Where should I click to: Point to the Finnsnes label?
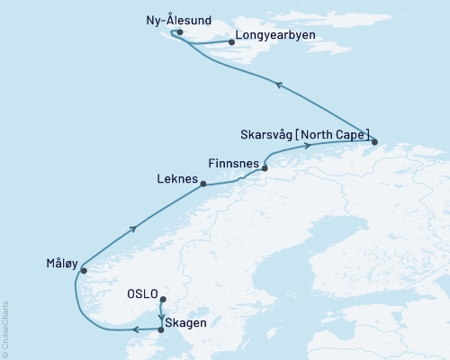point(233,165)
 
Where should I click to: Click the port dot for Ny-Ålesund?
point(180,32)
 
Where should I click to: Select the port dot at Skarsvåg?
point(374,140)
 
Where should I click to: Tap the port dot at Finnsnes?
point(265,166)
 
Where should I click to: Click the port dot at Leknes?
point(203,184)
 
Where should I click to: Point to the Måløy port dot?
point(83,269)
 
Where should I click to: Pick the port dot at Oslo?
point(162,300)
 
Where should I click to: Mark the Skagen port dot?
point(161,329)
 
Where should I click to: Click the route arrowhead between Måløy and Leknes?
point(134,229)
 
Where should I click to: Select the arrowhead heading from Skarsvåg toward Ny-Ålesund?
point(279,85)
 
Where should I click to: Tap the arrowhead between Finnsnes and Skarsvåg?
point(307,146)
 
